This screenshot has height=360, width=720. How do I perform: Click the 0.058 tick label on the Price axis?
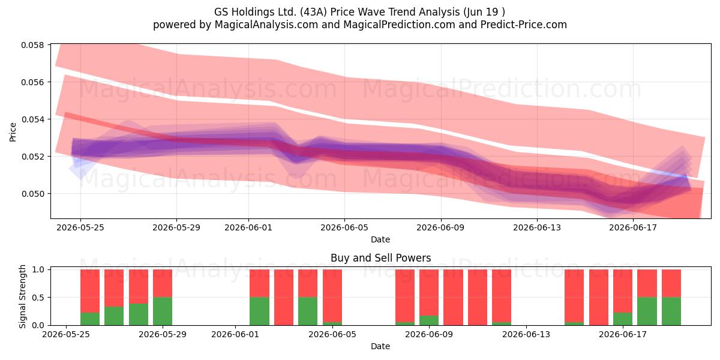click(32, 45)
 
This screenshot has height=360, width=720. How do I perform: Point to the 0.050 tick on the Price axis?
click(32, 194)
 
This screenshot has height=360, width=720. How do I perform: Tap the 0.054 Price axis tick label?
click(32, 119)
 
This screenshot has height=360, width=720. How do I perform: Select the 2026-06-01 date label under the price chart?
click(248, 227)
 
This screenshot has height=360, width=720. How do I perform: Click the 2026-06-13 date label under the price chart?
click(537, 227)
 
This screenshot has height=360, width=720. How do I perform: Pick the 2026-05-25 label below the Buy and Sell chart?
click(66, 334)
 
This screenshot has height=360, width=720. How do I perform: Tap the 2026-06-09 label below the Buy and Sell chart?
click(429, 334)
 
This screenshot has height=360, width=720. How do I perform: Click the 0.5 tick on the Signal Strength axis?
click(38, 298)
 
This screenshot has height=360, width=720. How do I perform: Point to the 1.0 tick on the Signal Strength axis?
click(38, 269)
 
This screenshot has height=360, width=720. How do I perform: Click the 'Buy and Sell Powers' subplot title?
click(380, 258)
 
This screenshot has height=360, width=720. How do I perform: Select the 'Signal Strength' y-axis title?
click(22, 296)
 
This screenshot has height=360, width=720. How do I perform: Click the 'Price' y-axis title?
click(13, 132)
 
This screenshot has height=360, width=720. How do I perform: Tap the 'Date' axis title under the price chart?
click(380, 239)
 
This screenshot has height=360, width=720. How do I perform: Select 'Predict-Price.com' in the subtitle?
click(524, 25)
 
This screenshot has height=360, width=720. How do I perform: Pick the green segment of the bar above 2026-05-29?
click(163, 311)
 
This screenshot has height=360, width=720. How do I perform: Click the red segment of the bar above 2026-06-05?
click(332, 296)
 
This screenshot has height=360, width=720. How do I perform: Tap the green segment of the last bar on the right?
click(671, 311)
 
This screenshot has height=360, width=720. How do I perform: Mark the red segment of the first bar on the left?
click(89, 291)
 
